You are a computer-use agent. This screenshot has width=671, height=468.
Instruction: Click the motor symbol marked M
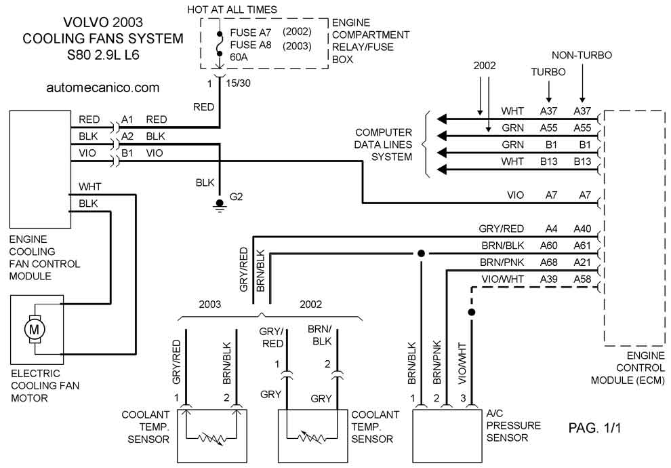pos(34,329)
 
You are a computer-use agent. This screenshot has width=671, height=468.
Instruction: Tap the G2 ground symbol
pos(220,205)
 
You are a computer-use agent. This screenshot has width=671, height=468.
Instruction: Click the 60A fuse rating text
pos(239,57)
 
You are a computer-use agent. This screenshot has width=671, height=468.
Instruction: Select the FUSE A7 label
pos(251,33)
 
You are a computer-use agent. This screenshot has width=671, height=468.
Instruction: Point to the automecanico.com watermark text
pos(103,87)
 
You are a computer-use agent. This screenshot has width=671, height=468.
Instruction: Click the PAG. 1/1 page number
pos(594,427)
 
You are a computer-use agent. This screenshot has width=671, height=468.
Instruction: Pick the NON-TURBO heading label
pos(582,55)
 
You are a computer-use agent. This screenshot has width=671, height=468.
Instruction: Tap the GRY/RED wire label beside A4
pos(501,229)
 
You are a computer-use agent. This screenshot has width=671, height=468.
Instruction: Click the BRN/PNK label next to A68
pos(502,262)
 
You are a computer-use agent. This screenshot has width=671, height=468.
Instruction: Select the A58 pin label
pos(582,279)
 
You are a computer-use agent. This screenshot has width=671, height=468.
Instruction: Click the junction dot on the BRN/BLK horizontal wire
pos(421,254)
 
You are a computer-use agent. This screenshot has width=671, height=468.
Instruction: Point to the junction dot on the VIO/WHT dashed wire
pos(472,312)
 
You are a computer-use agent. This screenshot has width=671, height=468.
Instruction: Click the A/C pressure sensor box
pos(447,436)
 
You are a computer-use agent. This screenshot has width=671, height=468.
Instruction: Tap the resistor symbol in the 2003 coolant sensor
pos(211,438)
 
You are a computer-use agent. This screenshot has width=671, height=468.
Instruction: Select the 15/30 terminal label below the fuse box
pos(239,83)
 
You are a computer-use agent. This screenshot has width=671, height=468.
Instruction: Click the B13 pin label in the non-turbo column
pos(582,161)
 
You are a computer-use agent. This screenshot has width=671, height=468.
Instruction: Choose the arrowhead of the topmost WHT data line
pos(442,119)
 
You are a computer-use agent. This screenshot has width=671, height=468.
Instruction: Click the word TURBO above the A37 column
pos(548,72)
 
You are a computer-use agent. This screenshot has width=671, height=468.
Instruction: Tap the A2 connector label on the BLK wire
pos(127,136)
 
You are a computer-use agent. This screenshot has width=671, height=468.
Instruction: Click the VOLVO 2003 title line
pos(103,22)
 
